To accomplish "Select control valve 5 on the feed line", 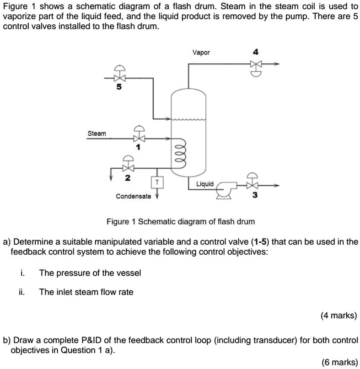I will (120, 78).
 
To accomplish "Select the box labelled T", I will (157, 182).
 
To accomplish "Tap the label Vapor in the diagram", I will (201, 53).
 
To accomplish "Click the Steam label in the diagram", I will (97, 134).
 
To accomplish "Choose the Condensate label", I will (133, 196).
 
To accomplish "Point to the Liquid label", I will (204, 184).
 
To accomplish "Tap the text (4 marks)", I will (339, 315).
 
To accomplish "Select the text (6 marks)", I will (339, 362).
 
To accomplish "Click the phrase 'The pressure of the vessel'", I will (90, 273).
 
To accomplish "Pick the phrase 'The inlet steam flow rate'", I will (86, 292).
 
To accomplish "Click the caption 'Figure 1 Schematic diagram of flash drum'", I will (181, 222).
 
